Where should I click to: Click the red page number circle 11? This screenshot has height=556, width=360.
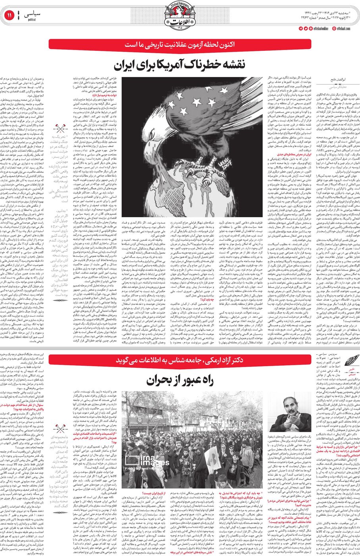point(9,16)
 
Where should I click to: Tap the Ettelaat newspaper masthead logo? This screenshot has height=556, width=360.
point(180,16)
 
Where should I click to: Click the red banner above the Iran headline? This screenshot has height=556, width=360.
point(180,44)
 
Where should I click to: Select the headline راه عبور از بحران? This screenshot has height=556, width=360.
point(180,380)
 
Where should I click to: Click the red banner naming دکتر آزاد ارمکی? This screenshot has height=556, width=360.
point(180,360)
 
